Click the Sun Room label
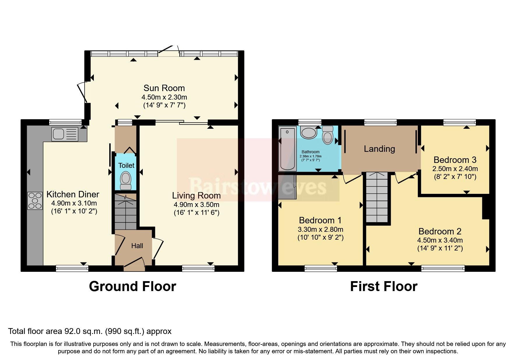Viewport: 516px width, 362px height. (164, 88)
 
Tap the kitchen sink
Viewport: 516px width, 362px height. (65, 134)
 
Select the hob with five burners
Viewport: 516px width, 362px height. (35, 201)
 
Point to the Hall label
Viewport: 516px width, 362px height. (137, 246)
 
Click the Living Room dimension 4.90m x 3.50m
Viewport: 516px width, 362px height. (196, 205)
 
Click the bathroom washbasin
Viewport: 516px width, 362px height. (309, 133)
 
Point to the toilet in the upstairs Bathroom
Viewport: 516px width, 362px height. (328, 136)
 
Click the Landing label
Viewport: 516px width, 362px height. (379, 149)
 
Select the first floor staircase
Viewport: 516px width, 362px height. (378, 198)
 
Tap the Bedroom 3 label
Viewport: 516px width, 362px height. (455, 160)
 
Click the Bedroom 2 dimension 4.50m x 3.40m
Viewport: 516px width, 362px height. (440, 240)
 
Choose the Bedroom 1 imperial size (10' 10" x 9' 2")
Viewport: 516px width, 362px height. (320, 237)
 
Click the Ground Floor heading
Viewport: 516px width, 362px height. (133, 286)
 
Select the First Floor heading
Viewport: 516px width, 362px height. (384, 286)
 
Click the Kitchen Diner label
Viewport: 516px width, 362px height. (73, 194)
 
